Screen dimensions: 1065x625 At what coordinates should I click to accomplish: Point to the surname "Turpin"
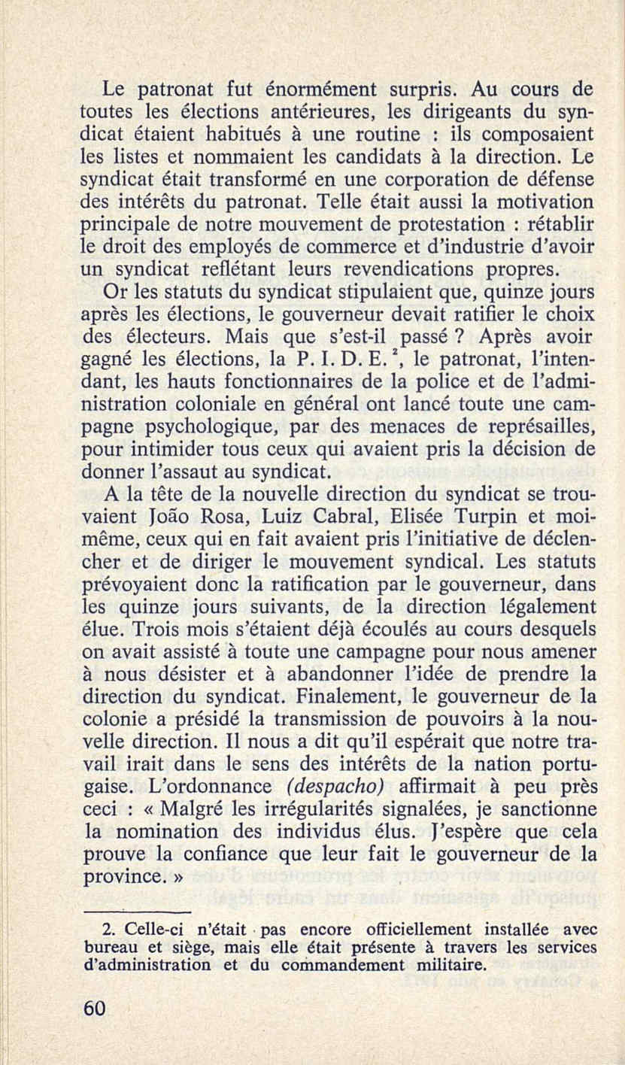pos(481,520)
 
